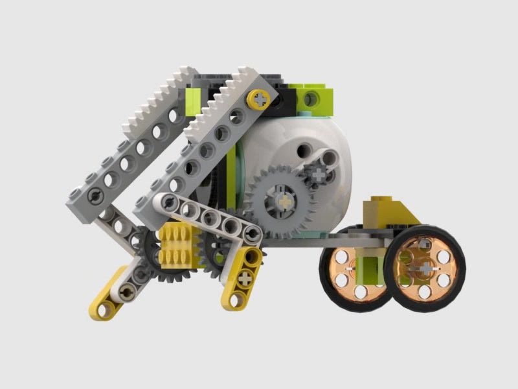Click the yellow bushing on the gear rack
tap(260, 99)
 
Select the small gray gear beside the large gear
tap(317, 173)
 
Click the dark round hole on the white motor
tap(301, 150)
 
